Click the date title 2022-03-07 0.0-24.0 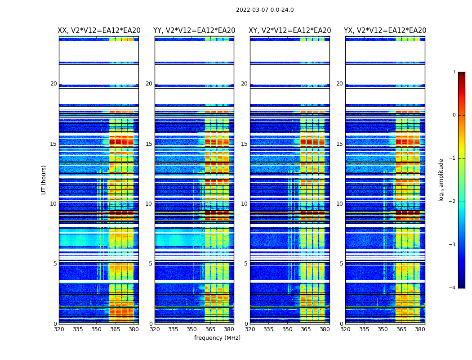coord(265,10)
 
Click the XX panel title coord(99,31)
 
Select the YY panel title coord(194,31)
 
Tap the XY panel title coord(290,31)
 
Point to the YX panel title coord(385,31)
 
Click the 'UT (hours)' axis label coord(44,180)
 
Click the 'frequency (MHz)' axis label coord(217,338)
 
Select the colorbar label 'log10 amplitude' coord(441,180)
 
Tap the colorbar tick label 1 coord(454,72)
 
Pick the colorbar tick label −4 coord(453,288)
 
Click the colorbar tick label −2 coord(453,202)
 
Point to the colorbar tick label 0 coord(454,115)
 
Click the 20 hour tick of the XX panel coord(53,84)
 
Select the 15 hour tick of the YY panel coord(149,144)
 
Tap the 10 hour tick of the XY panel coord(244,204)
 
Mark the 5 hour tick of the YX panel coord(341,264)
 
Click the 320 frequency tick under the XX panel coord(59,329)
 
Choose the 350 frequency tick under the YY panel coord(192,329)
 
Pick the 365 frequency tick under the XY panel coord(306,329)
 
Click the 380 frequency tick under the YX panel coord(420,329)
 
